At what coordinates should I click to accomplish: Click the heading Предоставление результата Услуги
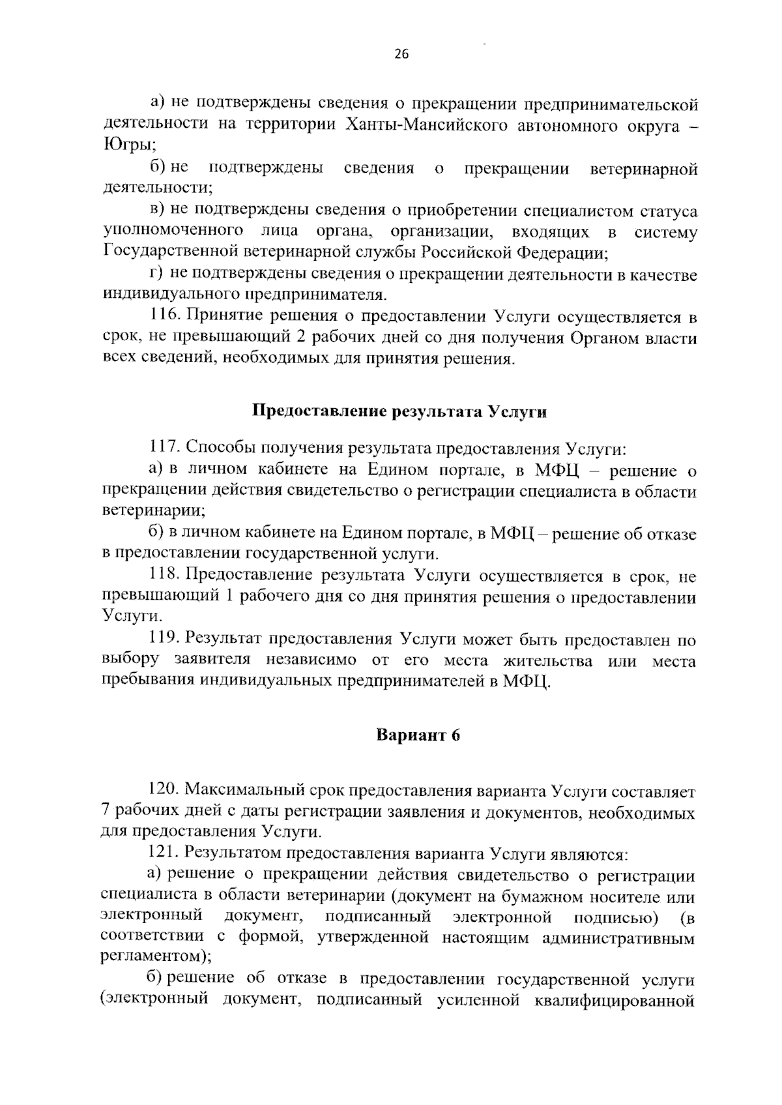tap(399, 412)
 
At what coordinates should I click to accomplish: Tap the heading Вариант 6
tap(418, 735)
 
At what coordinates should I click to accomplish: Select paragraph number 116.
tap(164, 318)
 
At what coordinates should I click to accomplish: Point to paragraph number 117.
tap(164, 449)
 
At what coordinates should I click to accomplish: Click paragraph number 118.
tap(164, 577)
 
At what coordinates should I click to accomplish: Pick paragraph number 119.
tap(164, 640)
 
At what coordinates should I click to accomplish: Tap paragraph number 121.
tap(164, 853)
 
